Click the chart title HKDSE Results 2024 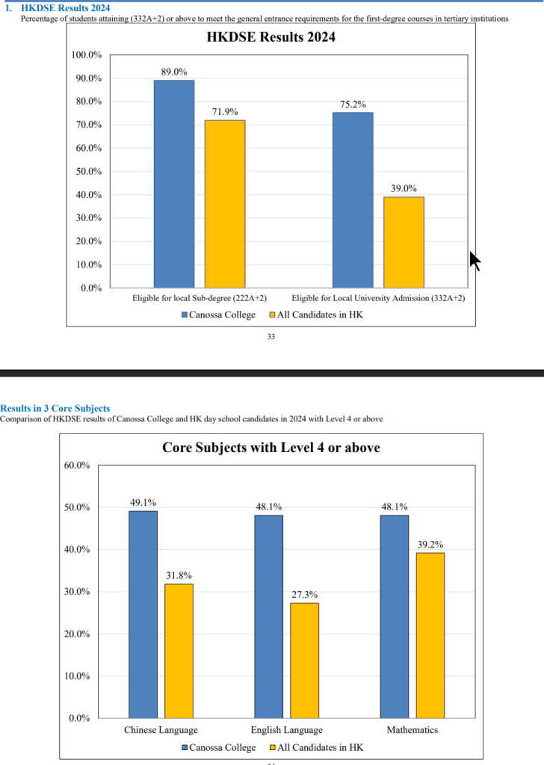(271, 37)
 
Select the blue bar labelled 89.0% (173, 184)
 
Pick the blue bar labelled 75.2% (353, 199)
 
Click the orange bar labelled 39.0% (404, 242)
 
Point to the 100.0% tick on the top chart (87, 55)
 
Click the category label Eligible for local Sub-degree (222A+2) (200, 298)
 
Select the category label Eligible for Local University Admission (378, 298)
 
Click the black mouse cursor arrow (474, 261)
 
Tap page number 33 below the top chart (271, 337)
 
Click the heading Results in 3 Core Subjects (55, 409)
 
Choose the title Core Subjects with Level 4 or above (271, 447)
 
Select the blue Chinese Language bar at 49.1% (143, 614)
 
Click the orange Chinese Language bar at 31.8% (179, 651)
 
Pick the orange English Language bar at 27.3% (305, 660)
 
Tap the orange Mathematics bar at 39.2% (430, 635)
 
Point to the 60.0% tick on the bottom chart (75, 465)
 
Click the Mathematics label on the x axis (412, 730)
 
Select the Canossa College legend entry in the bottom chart (218, 747)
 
